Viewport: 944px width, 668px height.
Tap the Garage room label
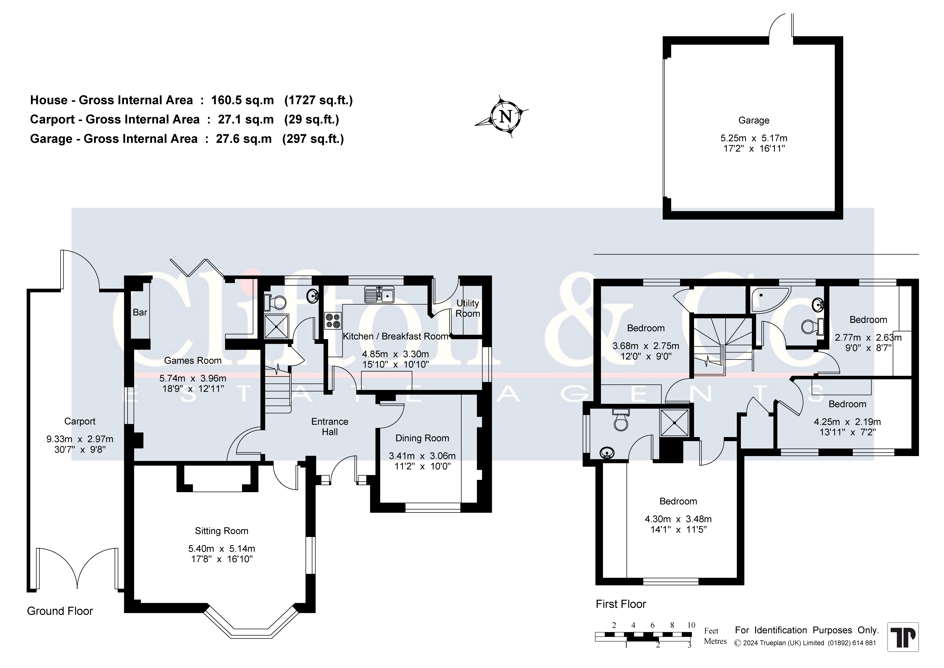point(754,121)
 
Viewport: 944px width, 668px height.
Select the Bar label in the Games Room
point(140,312)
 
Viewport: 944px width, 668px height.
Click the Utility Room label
point(467,308)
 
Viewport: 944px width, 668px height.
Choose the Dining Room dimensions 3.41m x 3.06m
point(422,456)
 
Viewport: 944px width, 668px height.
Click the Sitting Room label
point(222,531)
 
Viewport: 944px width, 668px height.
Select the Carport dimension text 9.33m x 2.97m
point(80,439)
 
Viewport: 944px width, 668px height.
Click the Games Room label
point(193,361)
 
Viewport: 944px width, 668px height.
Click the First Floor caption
point(621,604)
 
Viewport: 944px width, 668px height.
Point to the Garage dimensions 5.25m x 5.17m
point(754,138)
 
